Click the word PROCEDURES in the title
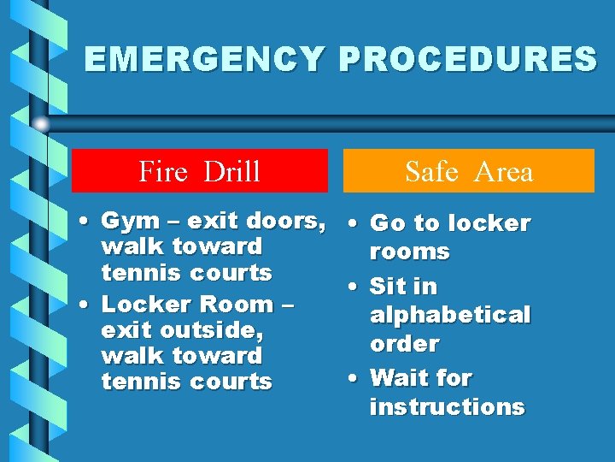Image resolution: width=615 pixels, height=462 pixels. pos(468,60)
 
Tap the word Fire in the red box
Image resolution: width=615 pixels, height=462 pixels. pos(162,172)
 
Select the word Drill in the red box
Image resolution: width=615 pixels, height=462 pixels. pos(231,172)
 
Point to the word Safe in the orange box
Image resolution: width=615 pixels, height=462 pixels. pos(431,172)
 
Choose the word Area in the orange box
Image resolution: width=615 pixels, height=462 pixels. pos(505,172)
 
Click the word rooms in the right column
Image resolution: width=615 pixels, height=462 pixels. pos(409,252)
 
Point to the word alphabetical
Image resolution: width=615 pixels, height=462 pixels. pos(450,315)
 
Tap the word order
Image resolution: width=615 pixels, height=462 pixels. pos(404,344)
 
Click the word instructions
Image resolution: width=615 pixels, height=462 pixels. pos(447,406)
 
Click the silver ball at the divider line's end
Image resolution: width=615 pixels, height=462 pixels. pos(41,124)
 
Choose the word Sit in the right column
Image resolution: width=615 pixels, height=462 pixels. pos(389,286)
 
